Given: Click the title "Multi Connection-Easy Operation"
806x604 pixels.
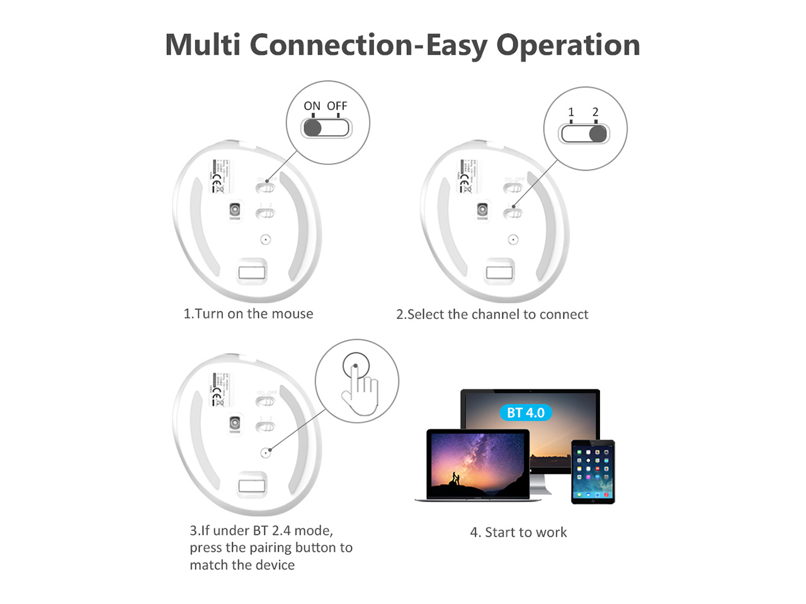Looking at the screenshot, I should point(402,45).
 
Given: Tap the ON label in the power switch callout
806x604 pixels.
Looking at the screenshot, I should point(312,106).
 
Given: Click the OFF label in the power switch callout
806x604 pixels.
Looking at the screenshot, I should point(337,106).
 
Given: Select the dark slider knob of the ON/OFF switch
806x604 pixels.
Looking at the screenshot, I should point(312,128).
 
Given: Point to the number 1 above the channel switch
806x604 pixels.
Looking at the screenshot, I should point(571,112).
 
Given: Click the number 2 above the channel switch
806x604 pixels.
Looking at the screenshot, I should point(595,112).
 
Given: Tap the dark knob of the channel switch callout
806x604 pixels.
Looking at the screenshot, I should point(598,134).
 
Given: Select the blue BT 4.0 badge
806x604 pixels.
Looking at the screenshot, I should point(526,413).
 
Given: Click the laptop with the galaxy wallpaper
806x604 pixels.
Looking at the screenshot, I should point(478,466).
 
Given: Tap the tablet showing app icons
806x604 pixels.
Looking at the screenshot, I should point(593,472).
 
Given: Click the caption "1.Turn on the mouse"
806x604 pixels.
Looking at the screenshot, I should point(248,313).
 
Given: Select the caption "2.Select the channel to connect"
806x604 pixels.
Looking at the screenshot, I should point(492,314).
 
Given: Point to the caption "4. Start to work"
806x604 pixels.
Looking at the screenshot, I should point(518,532).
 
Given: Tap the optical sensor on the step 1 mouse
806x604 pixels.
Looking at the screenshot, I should point(235,210).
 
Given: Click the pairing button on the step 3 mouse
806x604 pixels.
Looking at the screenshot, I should point(266,452).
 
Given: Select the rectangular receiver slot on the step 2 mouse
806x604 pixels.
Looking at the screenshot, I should point(499,272).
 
